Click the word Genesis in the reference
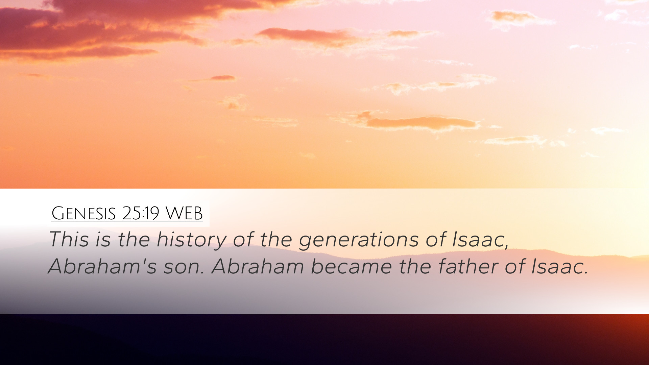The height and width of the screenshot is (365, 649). pyautogui.click(x=83, y=213)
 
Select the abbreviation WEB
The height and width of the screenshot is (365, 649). pyautogui.click(x=184, y=213)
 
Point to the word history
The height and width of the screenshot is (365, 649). pyautogui.click(x=191, y=240)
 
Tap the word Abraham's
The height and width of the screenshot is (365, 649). pyautogui.click(x=102, y=266)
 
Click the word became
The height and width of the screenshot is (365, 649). pyautogui.click(x=351, y=266)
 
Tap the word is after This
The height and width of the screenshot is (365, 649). pyautogui.click(x=103, y=239)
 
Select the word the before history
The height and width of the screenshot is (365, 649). pyautogui.click(x=134, y=239)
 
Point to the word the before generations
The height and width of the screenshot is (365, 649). pyautogui.click(x=275, y=239)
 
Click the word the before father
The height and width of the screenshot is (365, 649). pyautogui.click(x=414, y=266)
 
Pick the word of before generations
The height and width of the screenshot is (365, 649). pyautogui.click(x=243, y=239)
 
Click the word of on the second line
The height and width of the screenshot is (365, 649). pyautogui.click(x=515, y=266)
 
